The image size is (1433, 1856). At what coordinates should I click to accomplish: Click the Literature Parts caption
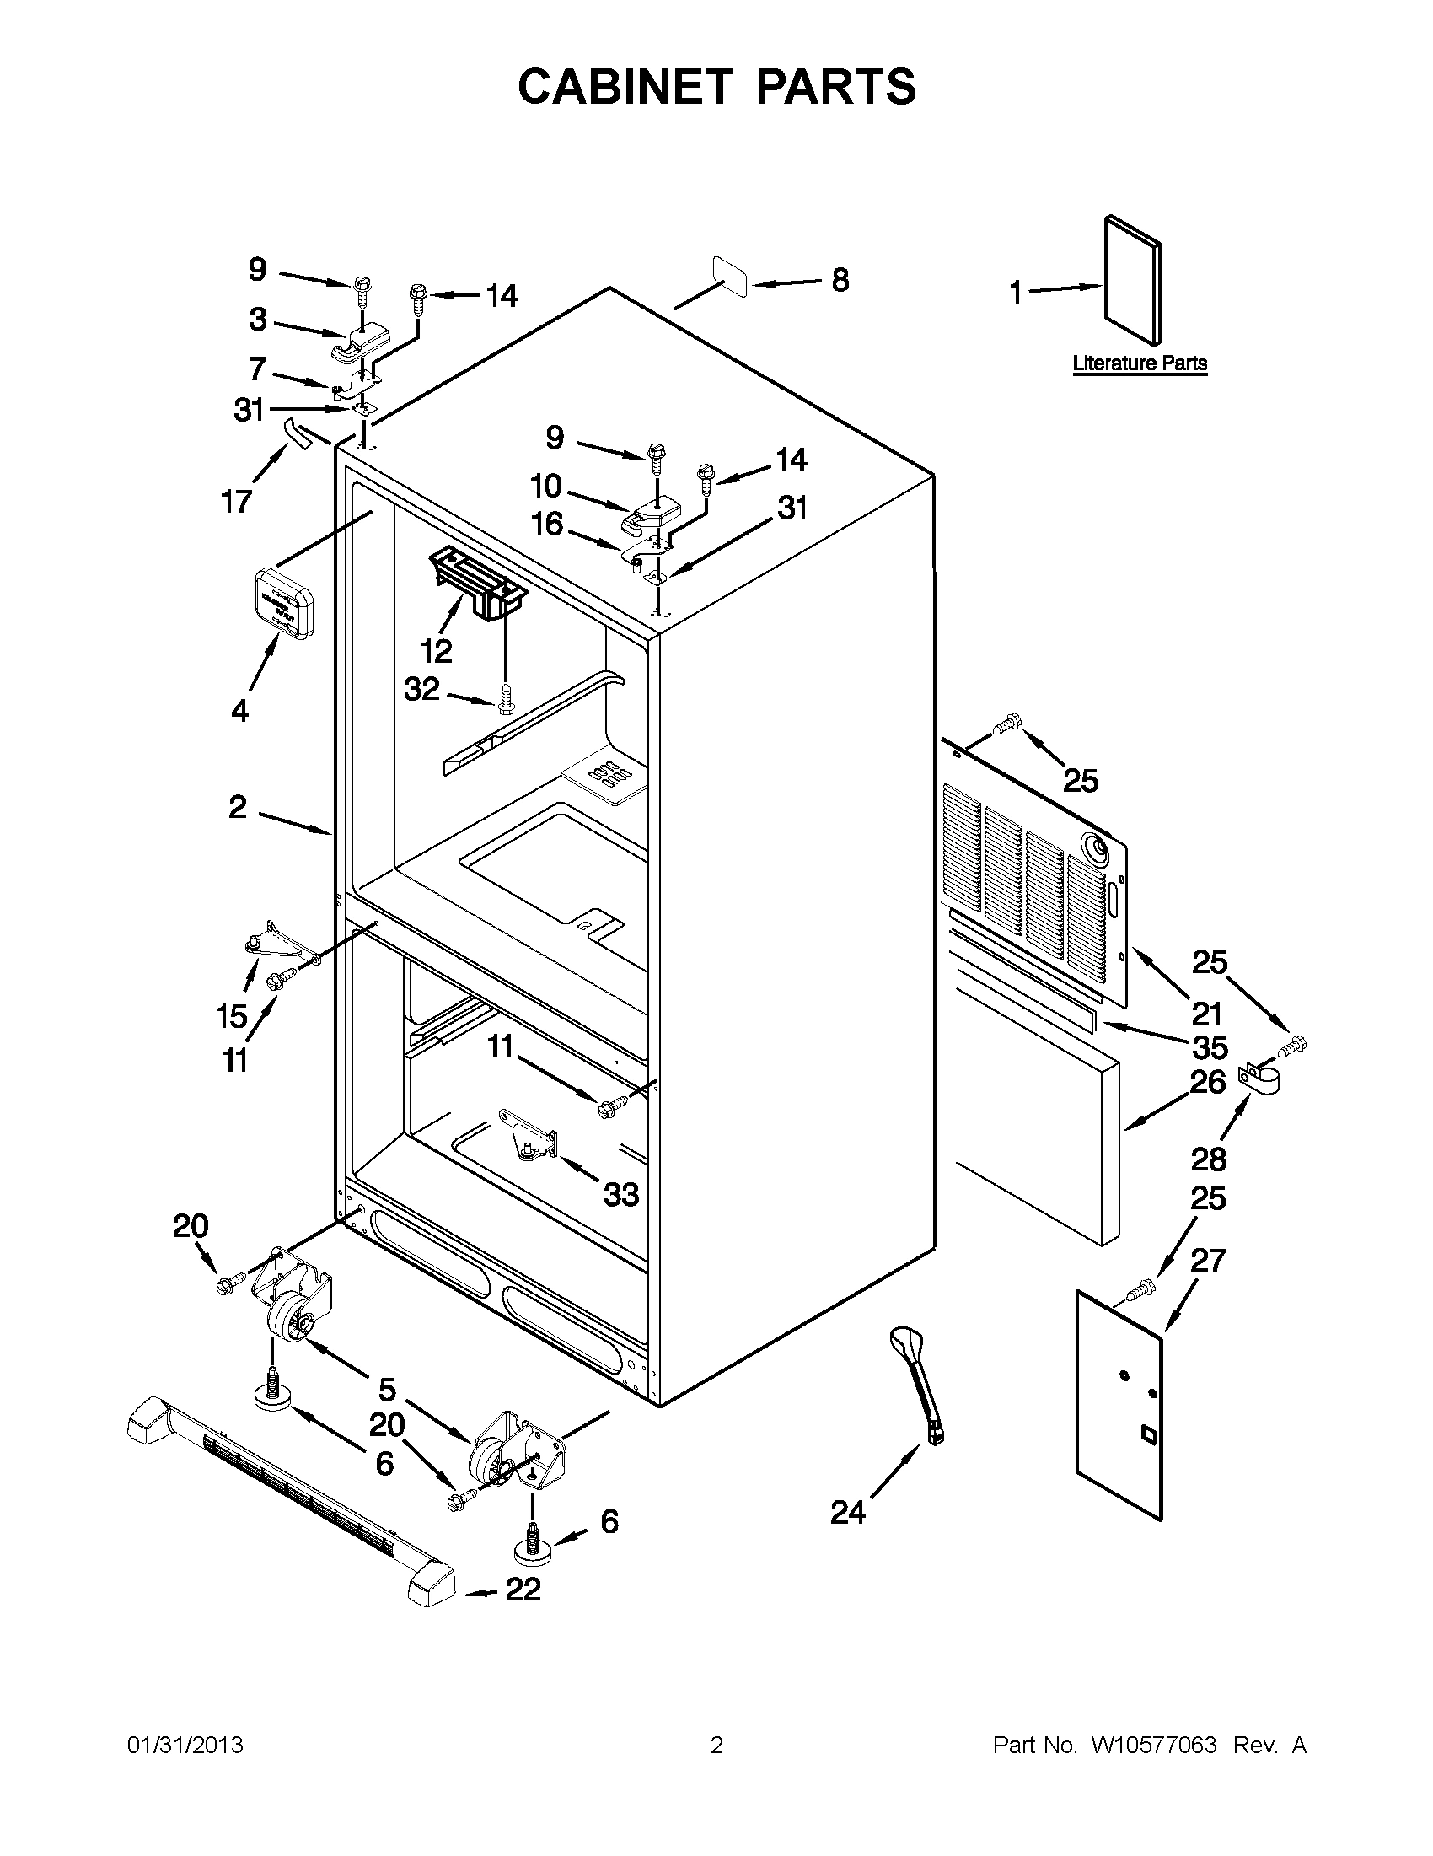pos(1139,363)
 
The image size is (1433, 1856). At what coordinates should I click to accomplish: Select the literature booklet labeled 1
pos(1132,281)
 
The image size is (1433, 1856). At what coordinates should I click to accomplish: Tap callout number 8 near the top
pos(840,280)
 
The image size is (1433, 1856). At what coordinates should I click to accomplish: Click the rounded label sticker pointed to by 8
pos(730,276)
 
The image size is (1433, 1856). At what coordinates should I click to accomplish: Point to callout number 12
pos(437,651)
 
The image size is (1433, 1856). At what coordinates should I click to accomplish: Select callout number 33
pos(621,1194)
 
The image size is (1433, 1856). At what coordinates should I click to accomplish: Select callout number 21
pos(1206,1013)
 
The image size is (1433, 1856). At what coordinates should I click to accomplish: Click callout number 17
pos(236,502)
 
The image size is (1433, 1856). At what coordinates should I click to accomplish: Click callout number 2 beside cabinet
pos(237,806)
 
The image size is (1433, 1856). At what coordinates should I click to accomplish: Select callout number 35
pos(1210,1047)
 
